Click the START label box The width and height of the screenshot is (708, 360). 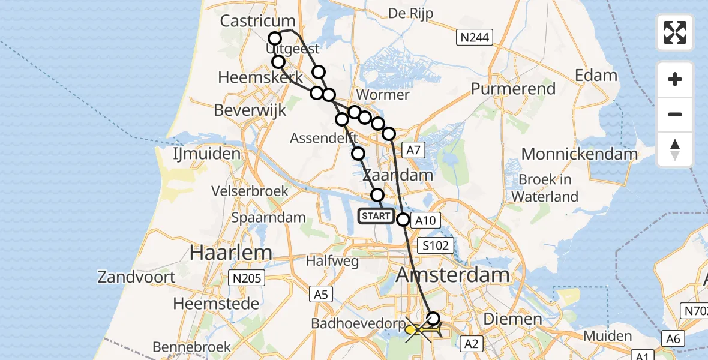(376, 216)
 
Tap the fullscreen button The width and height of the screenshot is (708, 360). (675, 32)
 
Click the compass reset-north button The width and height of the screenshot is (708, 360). (675, 149)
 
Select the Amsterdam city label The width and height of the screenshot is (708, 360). (453, 275)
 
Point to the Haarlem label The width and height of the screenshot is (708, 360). (230, 253)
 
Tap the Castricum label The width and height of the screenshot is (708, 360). (258, 21)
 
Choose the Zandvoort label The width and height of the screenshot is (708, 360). (137, 277)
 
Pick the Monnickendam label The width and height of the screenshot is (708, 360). (579, 154)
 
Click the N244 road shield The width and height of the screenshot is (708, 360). (475, 38)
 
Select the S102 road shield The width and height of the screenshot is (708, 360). (437, 246)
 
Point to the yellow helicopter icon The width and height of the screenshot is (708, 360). (413, 329)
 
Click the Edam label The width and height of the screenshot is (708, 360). (596, 76)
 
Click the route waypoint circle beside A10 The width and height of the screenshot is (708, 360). (403, 220)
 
